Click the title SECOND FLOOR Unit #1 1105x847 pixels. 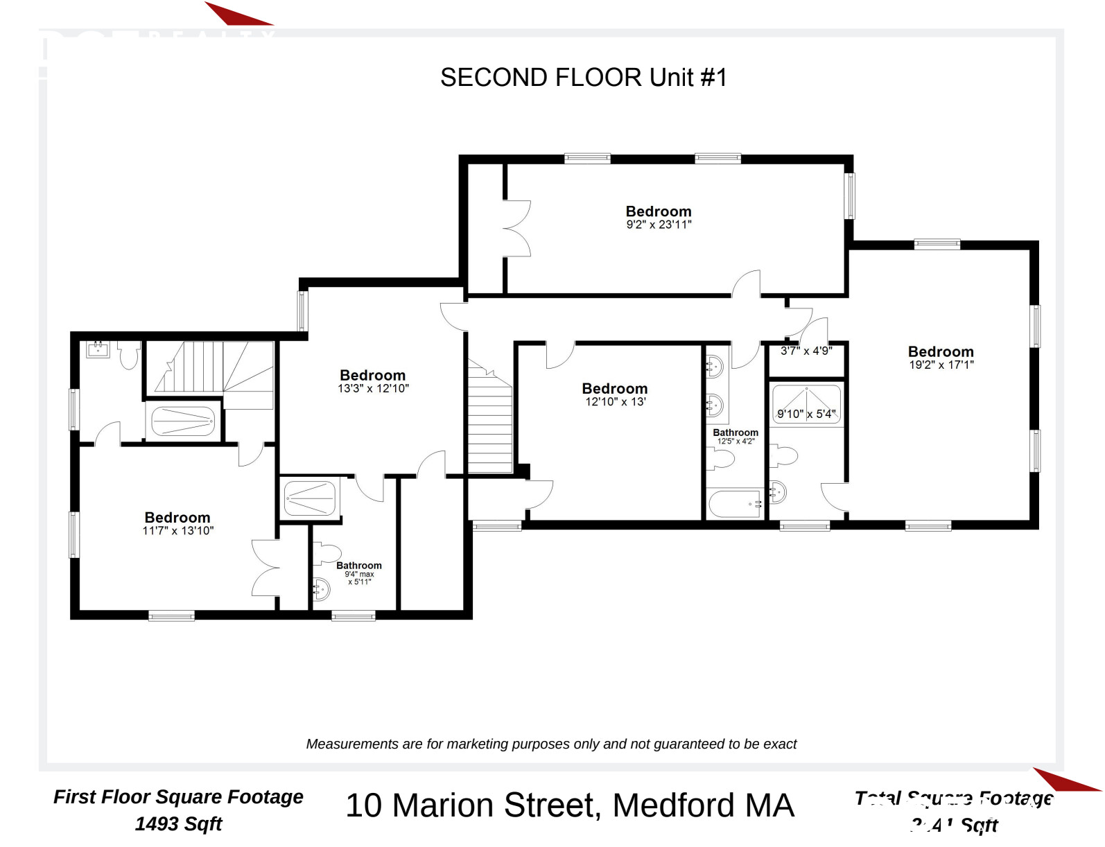click(x=584, y=78)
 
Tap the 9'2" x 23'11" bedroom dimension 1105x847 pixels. click(x=659, y=225)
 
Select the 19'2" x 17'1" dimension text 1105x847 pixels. click(x=941, y=365)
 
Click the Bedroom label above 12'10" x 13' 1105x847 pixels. click(x=614, y=388)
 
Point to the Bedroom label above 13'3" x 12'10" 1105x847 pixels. click(x=372, y=375)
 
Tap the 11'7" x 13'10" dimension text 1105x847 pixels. click(x=177, y=531)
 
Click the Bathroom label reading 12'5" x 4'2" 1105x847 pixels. click(x=735, y=433)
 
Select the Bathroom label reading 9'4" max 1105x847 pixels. click(x=358, y=566)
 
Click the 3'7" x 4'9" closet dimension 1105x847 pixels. click(x=806, y=351)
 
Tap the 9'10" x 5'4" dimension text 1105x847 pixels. click(x=806, y=414)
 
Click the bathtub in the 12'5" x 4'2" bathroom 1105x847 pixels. click(x=735, y=504)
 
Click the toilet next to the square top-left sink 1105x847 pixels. click(x=128, y=356)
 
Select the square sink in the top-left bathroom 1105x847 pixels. click(x=98, y=349)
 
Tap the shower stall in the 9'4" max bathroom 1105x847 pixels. click(x=310, y=498)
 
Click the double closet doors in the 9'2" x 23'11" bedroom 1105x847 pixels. click(x=516, y=229)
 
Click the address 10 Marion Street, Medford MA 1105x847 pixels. click(x=569, y=805)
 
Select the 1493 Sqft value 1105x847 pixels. click(x=178, y=824)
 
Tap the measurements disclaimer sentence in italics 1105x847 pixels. click(x=551, y=744)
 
